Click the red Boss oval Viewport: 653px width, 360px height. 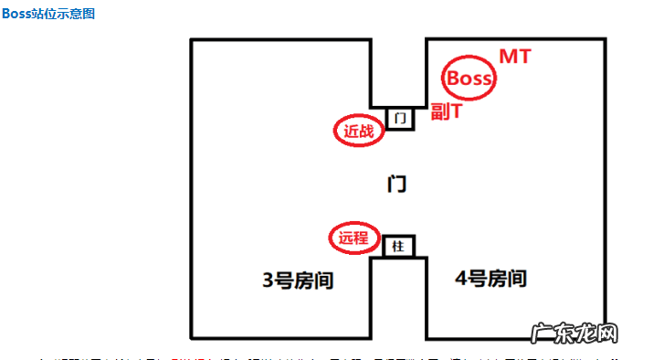(x=469, y=79)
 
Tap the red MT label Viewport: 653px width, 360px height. (x=514, y=57)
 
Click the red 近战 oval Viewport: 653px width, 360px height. (x=358, y=131)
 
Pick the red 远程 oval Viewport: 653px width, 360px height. (x=353, y=238)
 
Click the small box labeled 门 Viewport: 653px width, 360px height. (x=400, y=118)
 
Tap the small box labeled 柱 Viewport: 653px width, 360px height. (x=398, y=247)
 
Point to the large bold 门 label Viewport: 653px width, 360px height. (x=396, y=184)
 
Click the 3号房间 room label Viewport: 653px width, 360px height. (x=299, y=280)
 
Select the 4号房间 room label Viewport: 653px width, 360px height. (x=490, y=278)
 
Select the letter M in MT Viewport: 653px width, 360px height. (x=507, y=57)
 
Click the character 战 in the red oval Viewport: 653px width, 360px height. (x=365, y=131)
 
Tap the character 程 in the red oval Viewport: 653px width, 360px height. (x=362, y=238)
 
